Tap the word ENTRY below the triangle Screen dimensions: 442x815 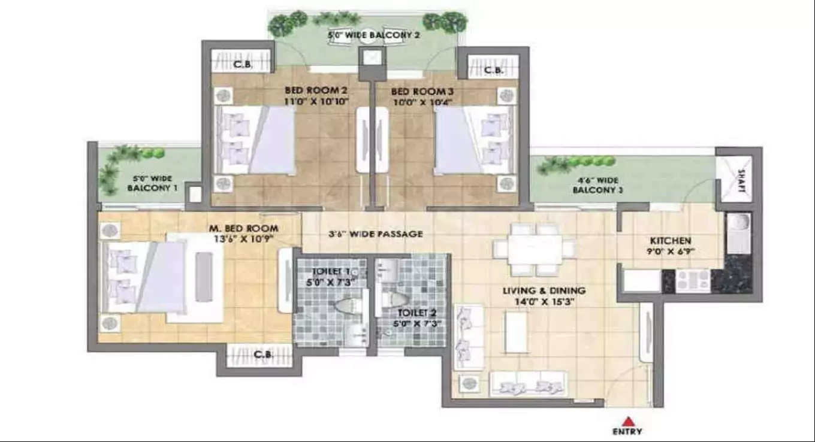click(627, 432)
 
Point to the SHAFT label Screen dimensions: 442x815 click(741, 180)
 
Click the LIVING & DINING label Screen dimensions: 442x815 click(544, 291)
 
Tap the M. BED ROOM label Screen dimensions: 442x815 click(243, 228)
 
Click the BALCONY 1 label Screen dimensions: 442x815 click(153, 188)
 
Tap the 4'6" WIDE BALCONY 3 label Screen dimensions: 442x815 click(597, 185)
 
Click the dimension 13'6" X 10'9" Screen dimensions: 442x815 click(243, 238)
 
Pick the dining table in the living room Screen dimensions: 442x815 click(535, 246)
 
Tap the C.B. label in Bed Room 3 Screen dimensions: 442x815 click(494, 70)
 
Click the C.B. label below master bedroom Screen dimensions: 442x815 click(263, 355)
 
